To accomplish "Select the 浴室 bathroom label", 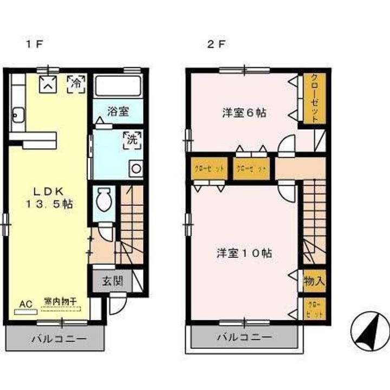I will pyautogui.click(x=118, y=112).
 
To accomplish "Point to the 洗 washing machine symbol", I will pyautogui.click(x=132, y=139).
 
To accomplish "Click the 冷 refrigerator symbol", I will pyautogui.click(x=76, y=83).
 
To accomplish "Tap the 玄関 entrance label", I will pyautogui.click(x=112, y=281).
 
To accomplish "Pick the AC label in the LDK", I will pyautogui.click(x=25, y=304).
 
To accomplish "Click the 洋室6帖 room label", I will pyautogui.click(x=244, y=113).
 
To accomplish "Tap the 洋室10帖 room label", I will pyautogui.click(x=244, y=252).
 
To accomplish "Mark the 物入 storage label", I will pyautogui.click(x=314, y=282).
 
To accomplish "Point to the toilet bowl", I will pyautogui.click(x=103, y=203).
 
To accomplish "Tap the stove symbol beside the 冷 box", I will pyautogui.click(x=48, y=84).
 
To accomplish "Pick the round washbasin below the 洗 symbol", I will pyautogui.click(x=136, y=168).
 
